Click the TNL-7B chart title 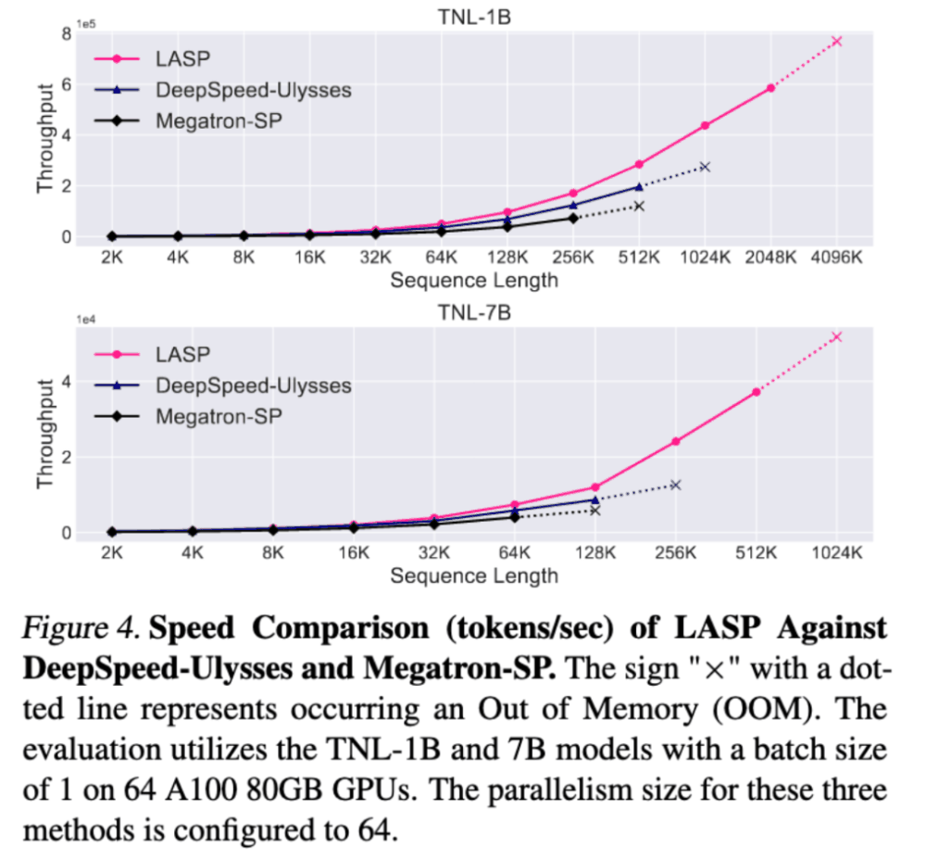coord(473,312)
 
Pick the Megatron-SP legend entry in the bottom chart coord(219,416)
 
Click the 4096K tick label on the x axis coord(835,259)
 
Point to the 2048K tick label coord(770,259)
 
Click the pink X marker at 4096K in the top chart coord(836,42)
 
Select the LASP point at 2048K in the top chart coord(770,88)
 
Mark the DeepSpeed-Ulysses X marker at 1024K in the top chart coord(705,167)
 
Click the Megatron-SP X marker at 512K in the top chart coord(639,206)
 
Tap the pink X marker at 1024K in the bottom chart coord(836,337)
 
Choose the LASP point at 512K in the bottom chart coord(756,392)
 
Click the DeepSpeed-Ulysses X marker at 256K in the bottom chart coord(675,485)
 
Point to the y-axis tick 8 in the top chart coord(66,33)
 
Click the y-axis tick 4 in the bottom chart coord(66,382)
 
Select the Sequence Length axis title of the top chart coord(473,280)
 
